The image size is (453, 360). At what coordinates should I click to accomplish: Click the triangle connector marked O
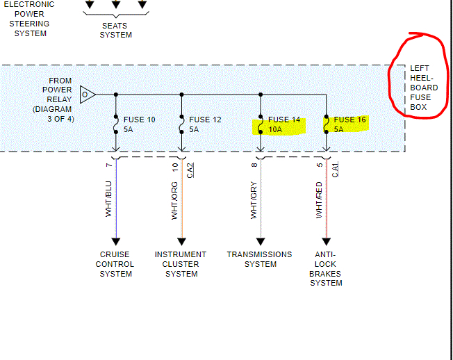pyautogui.click(x=87, y=94)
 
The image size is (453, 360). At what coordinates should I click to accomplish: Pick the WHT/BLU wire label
pyautogui.click(x=109, y=200)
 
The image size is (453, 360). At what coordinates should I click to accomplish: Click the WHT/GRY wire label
pyautogui.click(x=254, y=202)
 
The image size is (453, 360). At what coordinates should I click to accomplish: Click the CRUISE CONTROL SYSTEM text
pyautogui.click(x=115, y=264)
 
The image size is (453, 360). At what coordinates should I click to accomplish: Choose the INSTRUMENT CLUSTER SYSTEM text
pyautogui.click(x=181, y=264)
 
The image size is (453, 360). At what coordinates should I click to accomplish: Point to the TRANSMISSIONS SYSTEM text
pyautogui.click(x=259, y=259)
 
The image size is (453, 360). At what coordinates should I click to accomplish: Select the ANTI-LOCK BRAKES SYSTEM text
pyautogui.click(x=326, y=269)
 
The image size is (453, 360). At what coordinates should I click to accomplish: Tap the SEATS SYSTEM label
pyautogui.click(x=115, y=30)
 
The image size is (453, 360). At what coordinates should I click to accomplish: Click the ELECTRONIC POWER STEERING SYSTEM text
pyautogui.click(x=31, y=19)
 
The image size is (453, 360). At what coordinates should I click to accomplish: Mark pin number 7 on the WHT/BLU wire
pyautogui.click(x=109, y=165)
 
